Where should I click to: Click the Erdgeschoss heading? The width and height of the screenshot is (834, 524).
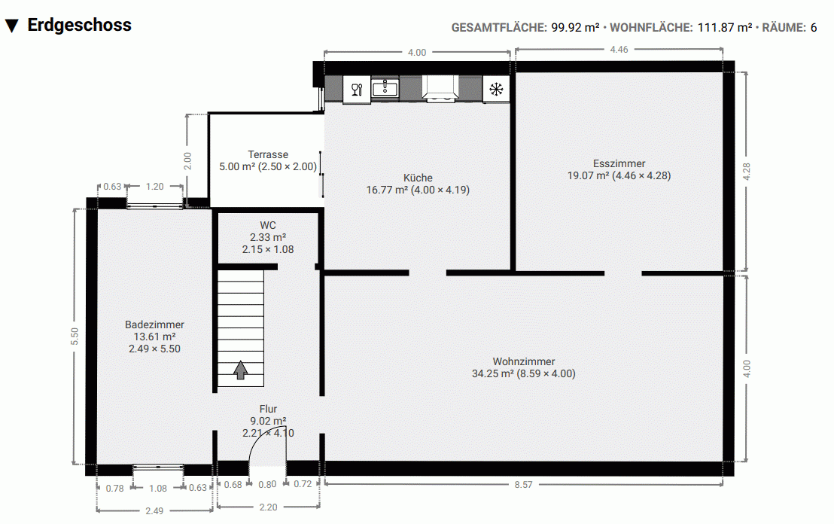point(79,25)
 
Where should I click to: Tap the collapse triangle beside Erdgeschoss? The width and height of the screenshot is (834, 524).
point(11,26)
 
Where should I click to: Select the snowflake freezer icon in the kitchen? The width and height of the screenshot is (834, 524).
point(496,89)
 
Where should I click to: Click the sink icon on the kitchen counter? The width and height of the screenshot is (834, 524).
point(385,89)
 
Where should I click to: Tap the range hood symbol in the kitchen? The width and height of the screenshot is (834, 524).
point(440,89)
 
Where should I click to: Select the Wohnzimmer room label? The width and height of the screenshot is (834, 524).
point(524,361)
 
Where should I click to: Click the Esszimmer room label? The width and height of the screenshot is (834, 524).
point(619,163)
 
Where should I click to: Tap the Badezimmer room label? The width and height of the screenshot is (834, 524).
point(154,324)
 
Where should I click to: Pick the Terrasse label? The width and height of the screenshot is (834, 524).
point(268,154)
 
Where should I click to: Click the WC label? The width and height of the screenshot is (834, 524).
point(268,225)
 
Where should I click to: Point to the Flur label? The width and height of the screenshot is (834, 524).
point(268,409)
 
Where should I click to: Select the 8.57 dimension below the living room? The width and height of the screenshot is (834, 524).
point(523,485)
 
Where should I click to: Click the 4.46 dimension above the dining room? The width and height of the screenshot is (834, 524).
point(619,49)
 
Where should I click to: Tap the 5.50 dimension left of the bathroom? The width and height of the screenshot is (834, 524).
point(74,337)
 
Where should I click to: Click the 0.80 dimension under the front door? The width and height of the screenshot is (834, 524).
point(267,484)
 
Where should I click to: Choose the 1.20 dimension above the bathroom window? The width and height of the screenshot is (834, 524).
point(154,186)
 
